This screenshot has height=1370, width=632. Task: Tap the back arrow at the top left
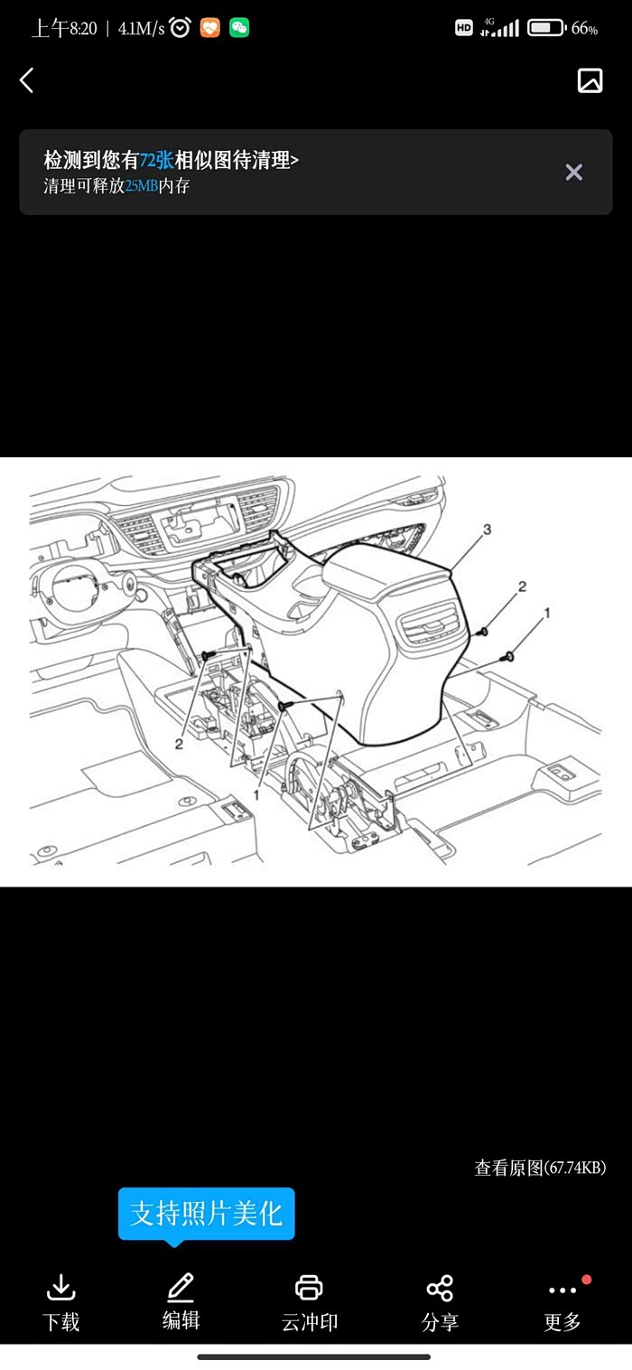[x=27, y=80]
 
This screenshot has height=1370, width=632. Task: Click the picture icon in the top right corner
[x=590, y=80]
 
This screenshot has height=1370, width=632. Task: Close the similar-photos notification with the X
[x=573, y=172]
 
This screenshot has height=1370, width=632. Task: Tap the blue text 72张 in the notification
[x=157, y=160]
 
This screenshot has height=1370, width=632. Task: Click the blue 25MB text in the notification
[x=142, y=186]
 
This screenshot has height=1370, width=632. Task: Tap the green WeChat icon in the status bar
[x=239, y=27]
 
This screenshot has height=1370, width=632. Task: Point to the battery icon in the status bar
[x=547, y=27]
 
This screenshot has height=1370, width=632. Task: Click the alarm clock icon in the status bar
[x=180, y=27]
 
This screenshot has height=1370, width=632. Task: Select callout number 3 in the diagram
[x=488, y=529]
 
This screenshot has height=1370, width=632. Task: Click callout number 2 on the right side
[x=522, y=586]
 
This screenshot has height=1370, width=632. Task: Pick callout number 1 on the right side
[x=547, y=612]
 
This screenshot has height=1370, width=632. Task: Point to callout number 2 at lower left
[x=179, y=744]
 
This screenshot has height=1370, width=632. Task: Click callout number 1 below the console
[x=256, y=794]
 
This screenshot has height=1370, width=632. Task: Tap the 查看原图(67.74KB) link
[x=540, y=1168]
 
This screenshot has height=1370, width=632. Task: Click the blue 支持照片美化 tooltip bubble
[x=207, y=1215]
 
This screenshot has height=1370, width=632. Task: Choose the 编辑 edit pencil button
[x=181, y=1301]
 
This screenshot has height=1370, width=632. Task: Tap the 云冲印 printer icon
[x=310, y=1288]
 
